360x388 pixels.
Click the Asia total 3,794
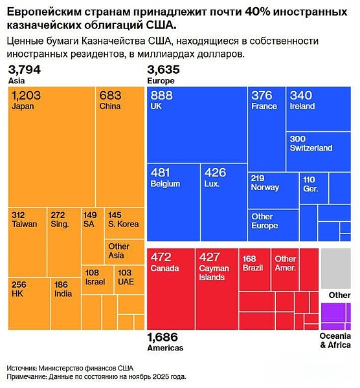pyautogui.click(x=23, y=69)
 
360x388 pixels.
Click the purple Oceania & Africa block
pyautogui.click(x=335, y=316)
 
